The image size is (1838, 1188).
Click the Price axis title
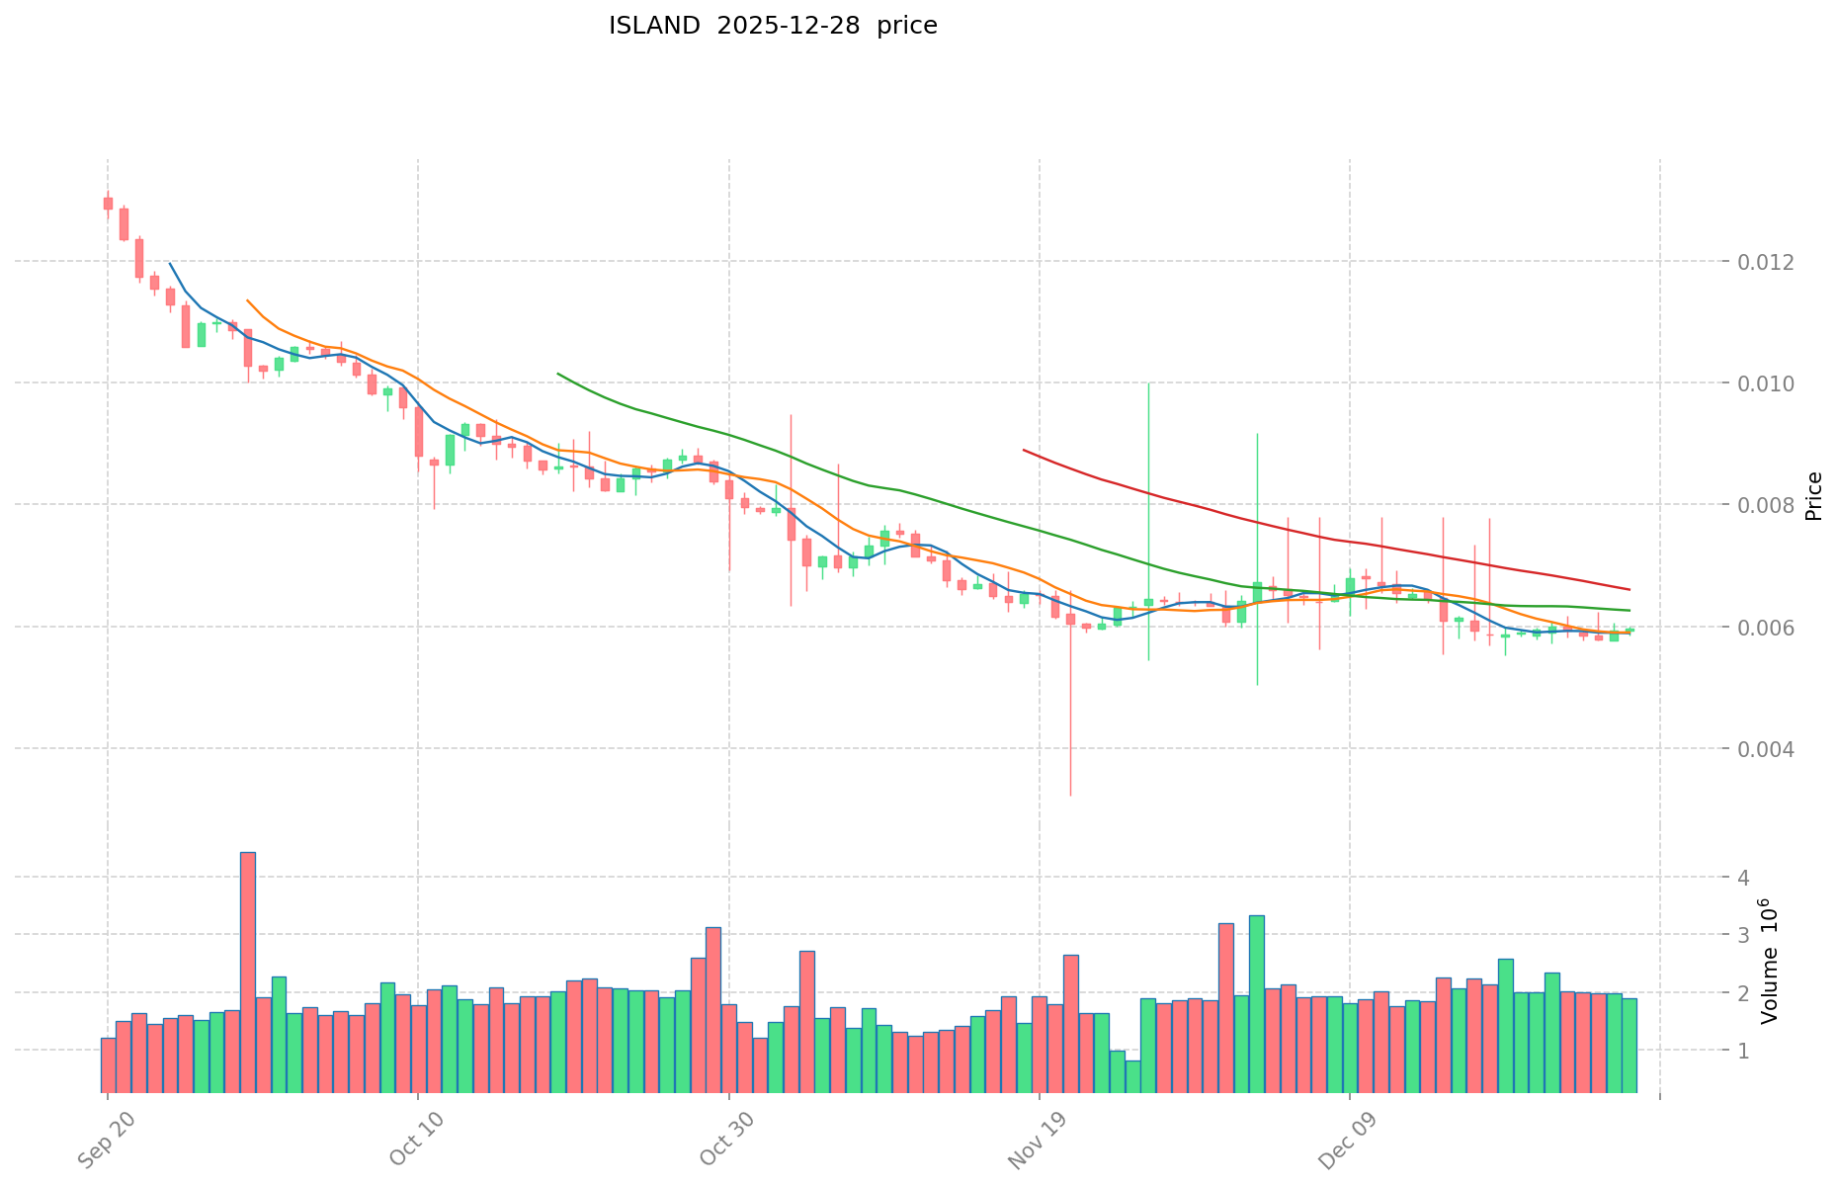pyautogui.click(x=1813, y=496)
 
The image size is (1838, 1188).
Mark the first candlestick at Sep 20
pyautogui.click(x=108, y=203)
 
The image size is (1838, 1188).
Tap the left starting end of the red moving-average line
pyautogui.click(x=1024, y=450)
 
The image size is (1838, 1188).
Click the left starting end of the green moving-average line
pyautogui.click(x=558, y=374)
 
